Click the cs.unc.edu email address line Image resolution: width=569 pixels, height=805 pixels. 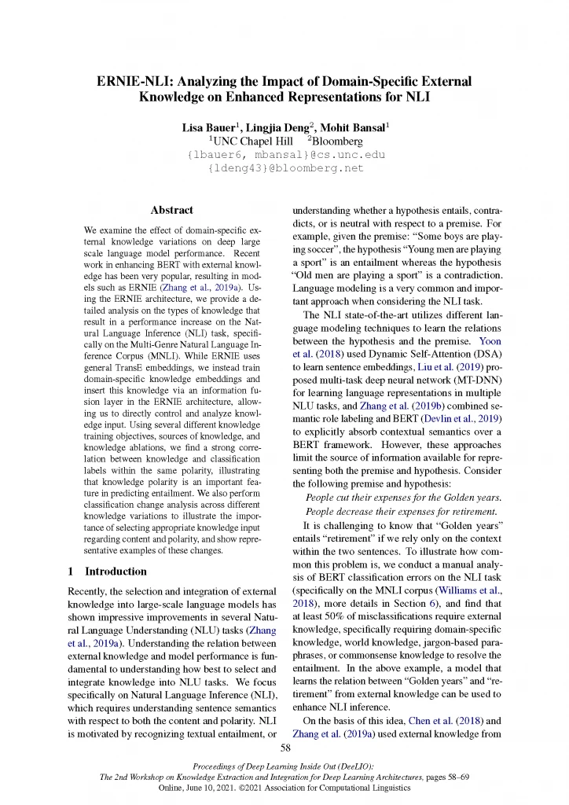click(284, 154)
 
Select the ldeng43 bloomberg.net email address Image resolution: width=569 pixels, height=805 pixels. click(284, 167)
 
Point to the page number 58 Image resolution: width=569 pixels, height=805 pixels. click(285, 747)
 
